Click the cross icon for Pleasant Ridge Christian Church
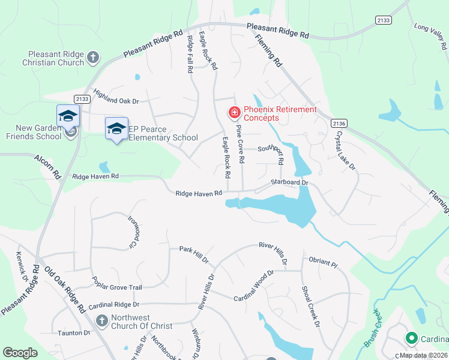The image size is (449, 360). tap(92, 57)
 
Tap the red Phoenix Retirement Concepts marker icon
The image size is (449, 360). tap(234, 112)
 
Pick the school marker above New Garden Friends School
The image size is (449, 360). tap(68, 115)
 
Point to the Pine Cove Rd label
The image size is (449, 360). tap(241, 144)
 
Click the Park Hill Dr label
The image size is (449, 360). tap(193, 254)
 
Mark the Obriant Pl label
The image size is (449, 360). tap(324, 263)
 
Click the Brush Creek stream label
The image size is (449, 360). tap(372, 328)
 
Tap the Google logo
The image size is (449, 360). tap(20, 353)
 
